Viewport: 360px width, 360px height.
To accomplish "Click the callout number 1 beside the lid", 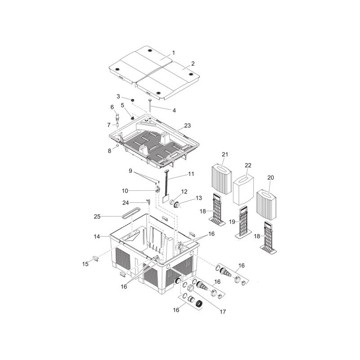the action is coord(173,53).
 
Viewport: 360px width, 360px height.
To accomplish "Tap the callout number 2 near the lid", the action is coord(193,63).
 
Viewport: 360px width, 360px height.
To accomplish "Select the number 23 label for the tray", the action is coord(187,126).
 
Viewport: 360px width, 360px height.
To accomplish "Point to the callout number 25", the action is coord(97,216).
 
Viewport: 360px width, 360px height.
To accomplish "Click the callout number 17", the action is coord(223,311).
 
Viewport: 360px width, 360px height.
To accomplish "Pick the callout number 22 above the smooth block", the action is coord(248,165).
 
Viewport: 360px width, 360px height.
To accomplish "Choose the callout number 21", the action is coord(225,154).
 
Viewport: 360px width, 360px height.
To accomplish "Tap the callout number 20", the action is coord(271,177).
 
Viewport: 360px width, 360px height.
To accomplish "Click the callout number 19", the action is coord(232,222).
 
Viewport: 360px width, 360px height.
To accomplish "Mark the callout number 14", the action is coord(97,236).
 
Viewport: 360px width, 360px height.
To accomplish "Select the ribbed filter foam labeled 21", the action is coord(221,179).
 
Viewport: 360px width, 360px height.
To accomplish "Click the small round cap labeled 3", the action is coord(132,100).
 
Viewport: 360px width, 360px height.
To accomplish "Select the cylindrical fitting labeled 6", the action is coord(117,117).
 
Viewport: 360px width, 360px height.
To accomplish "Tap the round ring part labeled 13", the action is coord(176,204).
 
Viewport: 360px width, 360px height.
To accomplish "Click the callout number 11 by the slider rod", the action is coord(191,174).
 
